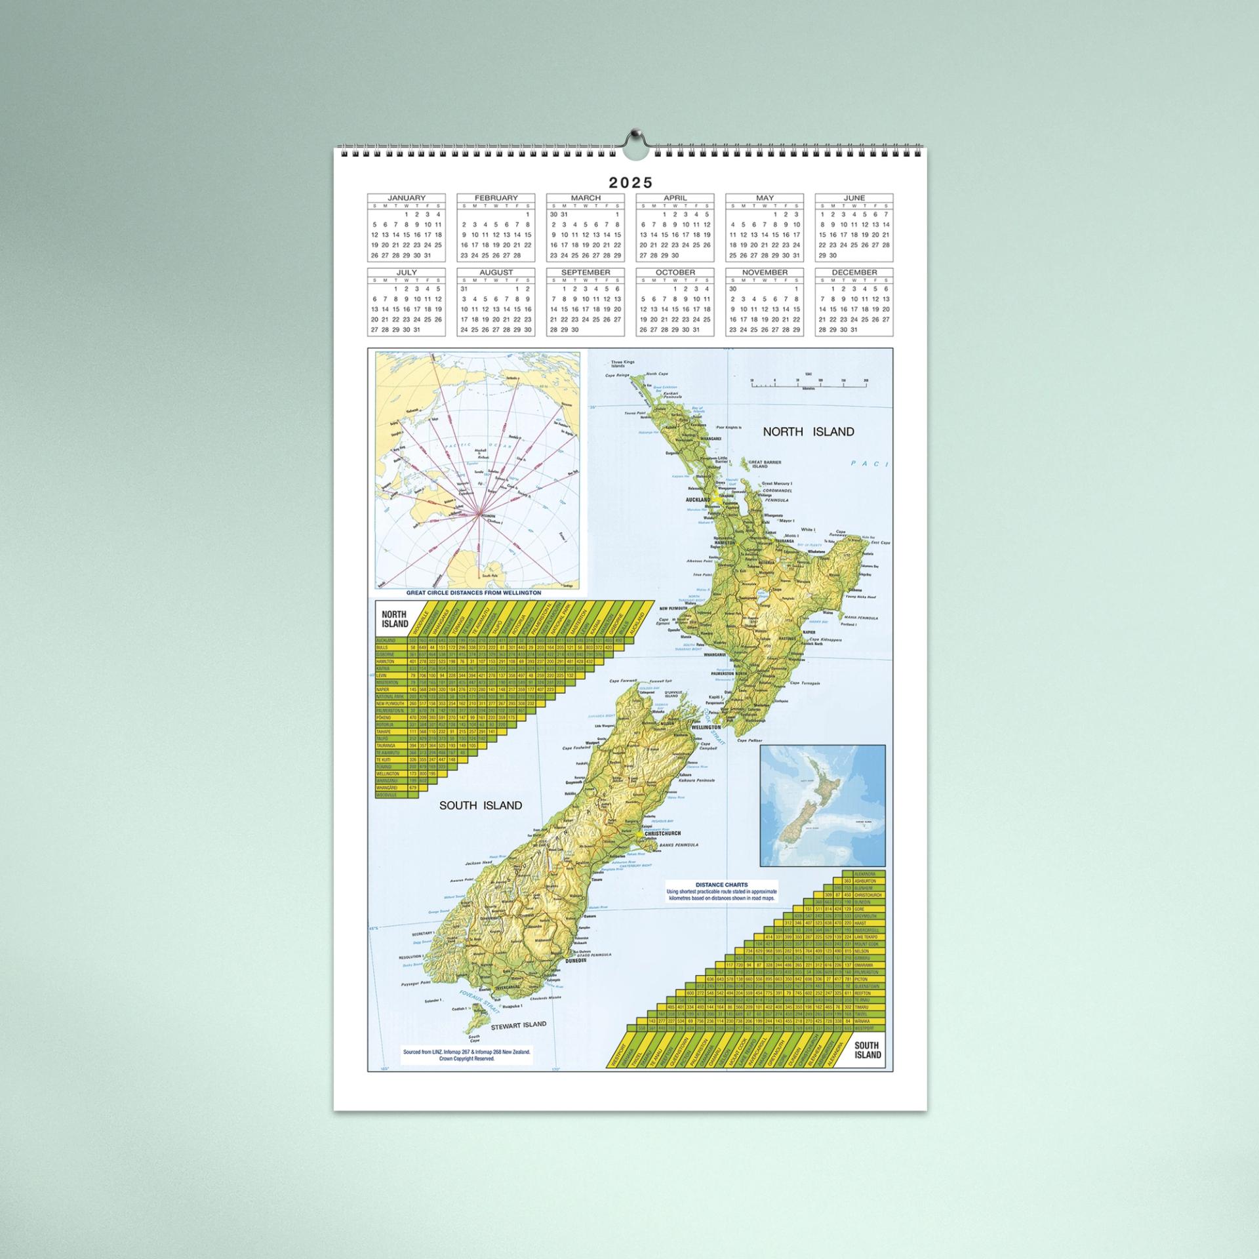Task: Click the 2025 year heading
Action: click(x=630, y=183)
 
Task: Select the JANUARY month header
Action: click(x=406, y=198)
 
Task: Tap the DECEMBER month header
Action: click(x=854, y=273)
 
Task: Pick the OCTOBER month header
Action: click(x=675, y=273)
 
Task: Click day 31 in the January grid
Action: click(x=428, y=256)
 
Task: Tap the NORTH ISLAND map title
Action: click(x=808, y=431)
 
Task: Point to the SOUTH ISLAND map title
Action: click(x=481, y=805)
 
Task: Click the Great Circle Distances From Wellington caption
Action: click(x=473, y=592)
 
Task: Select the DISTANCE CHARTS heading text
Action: click(x=721, y=885)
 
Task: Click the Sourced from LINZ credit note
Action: click(x=466, y=1073)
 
